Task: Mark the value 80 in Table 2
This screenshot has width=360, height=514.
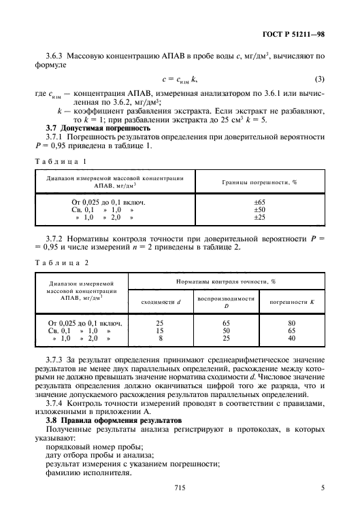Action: click(x=291, y=322)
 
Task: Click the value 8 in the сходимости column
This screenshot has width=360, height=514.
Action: click(x=160, y=337)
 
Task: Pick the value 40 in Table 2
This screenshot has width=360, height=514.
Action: click(x=291, y=337)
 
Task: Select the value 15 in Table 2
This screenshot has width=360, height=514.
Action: click(x=160, y=330)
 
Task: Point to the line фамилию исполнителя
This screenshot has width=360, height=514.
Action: click(x=88, y=467)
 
